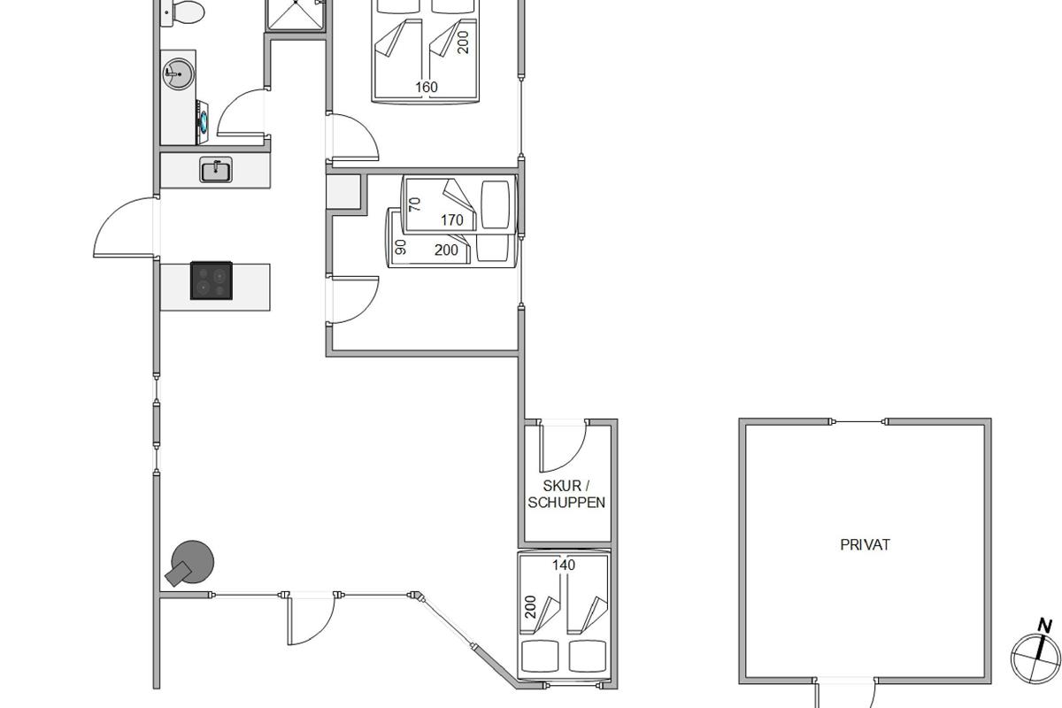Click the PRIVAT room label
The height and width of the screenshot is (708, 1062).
[865, 544]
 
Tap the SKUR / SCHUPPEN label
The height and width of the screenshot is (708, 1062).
[566, 494]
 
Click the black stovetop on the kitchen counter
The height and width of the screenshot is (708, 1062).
[212, 281]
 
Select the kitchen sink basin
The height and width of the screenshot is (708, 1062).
[216, 170]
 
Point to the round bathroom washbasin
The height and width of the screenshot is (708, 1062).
[178, 73]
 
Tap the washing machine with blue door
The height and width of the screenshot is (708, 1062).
[202, 122]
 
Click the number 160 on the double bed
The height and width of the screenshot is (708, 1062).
[427, 88]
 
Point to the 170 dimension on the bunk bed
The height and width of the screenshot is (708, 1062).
[452, 220]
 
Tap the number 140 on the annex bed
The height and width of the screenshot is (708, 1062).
[564, 565]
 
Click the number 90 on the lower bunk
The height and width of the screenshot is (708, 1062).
[401, 247]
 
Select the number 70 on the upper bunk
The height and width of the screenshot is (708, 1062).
[415, 204]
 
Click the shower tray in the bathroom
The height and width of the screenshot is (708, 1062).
[296, 15]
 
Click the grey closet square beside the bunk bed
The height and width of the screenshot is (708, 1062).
[343, 192]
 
